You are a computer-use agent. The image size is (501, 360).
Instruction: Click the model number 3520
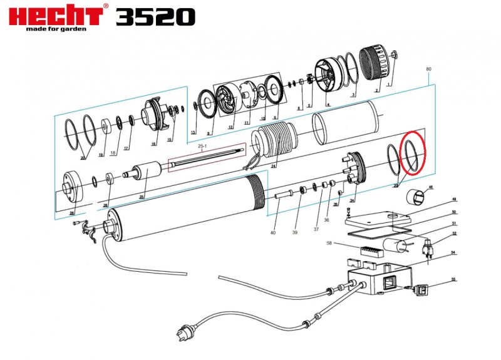155,16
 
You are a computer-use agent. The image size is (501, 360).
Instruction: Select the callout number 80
428,68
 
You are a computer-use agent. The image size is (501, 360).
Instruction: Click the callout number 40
272,233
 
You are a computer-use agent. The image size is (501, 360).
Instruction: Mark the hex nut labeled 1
395,56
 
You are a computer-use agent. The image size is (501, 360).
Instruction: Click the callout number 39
295,232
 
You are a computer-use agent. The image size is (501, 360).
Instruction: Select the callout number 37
316,229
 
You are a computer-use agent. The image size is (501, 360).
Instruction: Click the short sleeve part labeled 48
416,197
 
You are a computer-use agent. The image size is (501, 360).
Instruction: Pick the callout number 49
454,200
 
